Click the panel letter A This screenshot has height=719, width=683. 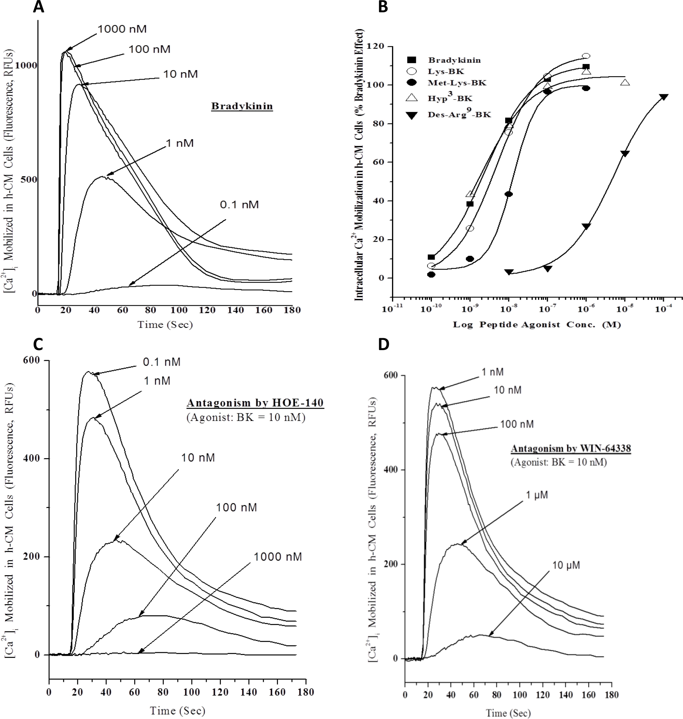[x=38, y=7]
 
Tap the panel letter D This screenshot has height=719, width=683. [x=383, y=344]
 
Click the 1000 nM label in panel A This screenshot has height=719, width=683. [x=122, y=29]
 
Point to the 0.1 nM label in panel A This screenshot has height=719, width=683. [x=239, y=204]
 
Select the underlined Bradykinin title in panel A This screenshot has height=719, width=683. [x=242, y=106]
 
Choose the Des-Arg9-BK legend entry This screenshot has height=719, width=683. [x=459, y=115]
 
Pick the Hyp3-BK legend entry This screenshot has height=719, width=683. [x=450, y=98]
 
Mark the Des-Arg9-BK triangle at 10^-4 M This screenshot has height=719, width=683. [x=663, y=97]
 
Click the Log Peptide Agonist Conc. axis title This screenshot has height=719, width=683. [x=537, y=325]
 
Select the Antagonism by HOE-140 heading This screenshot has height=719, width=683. [x=255, y=403]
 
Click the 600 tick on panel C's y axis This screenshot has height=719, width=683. [x=31, y=361]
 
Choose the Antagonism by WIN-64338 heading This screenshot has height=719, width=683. [x=571, y=448]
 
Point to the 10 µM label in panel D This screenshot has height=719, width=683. [x=566, y=565]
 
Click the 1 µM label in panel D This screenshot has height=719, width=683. [x=537, y=495]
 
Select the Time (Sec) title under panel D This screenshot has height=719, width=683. [x=508, y=713]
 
